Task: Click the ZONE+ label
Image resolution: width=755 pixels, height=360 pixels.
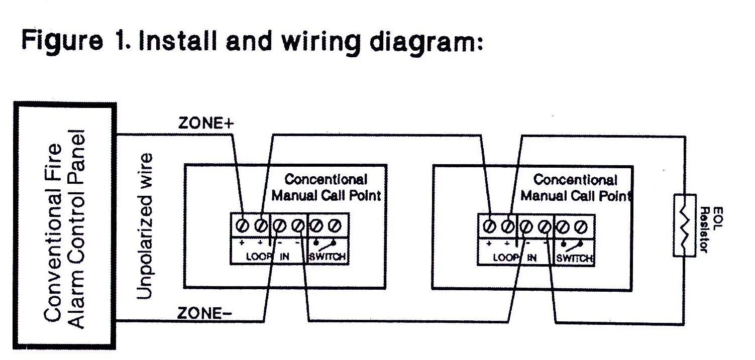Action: [206, 124]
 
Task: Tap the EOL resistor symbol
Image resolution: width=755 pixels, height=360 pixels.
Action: [684, 225]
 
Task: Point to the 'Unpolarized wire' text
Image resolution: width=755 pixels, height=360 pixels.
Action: [145, 226]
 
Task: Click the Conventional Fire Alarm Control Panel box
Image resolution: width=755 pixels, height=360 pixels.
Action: [64, 226]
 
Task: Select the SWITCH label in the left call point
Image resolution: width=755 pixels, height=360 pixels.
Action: [328, 257]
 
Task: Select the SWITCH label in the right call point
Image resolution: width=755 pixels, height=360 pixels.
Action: [575, 258]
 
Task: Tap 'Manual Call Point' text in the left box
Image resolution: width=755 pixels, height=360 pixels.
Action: [326, 195]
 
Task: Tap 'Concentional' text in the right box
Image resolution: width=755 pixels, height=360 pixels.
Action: [575, 180]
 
